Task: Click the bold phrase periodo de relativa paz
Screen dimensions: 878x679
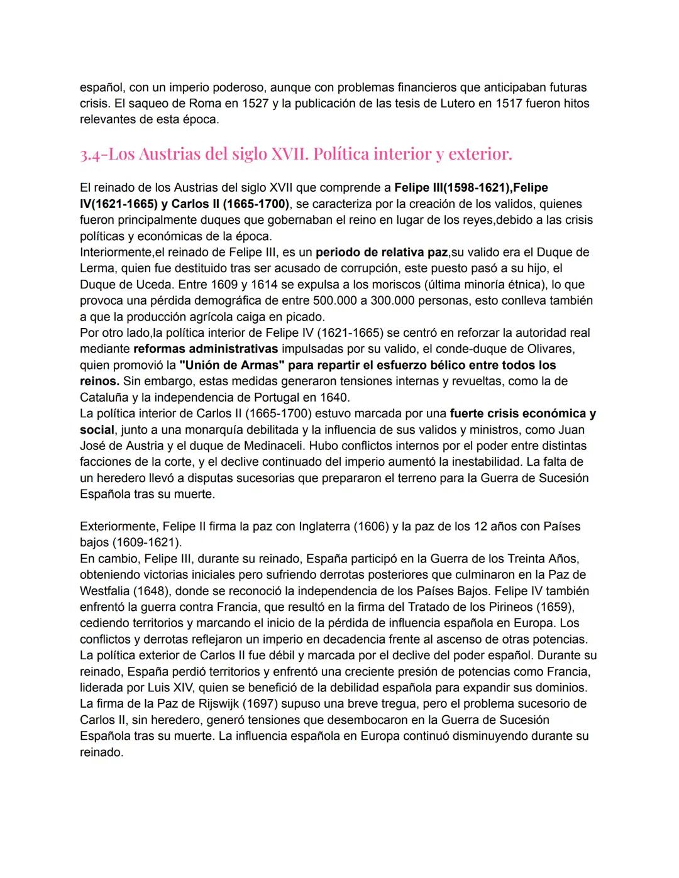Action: coord(381,253)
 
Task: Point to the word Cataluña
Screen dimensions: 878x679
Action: coord(105,397)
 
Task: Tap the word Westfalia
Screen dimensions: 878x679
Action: coord(104,591)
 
